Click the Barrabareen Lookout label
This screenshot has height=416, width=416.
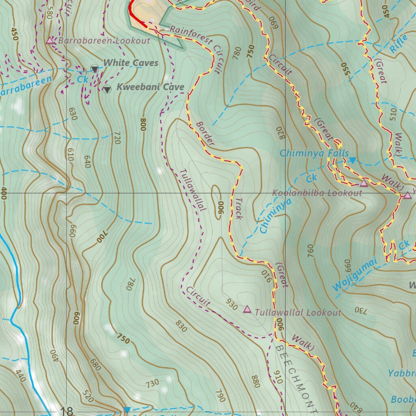tap(104, 41)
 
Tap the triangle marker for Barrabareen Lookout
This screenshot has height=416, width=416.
tap(50, 41)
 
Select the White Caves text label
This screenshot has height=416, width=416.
tap(130, 63)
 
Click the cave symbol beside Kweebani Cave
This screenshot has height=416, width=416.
tap(107, 89)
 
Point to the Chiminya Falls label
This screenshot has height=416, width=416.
tap(314, 153)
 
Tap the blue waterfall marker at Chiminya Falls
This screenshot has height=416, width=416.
tap(353, 160)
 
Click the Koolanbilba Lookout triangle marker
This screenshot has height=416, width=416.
tap(364, 184)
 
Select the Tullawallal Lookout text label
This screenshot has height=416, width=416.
tap(298, 312)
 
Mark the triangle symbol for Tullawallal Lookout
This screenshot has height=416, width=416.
tap(247, 310)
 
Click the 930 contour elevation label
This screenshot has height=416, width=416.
tap(232, 305)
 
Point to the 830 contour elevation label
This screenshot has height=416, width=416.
tap(181, 326)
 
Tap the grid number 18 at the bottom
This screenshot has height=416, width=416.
tap(67, 411)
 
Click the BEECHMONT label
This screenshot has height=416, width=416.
tap(295, 375)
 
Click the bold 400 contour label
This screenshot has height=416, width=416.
tap(4, 193)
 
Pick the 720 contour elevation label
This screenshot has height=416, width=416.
tap(117, 139)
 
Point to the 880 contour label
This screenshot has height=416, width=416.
tap(255, 382)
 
